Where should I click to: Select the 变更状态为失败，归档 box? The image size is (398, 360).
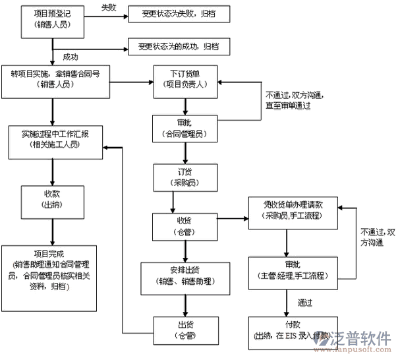point(174,13)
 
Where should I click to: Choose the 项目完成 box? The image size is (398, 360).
point(51,268)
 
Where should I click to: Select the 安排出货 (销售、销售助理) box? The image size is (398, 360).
point(185,277)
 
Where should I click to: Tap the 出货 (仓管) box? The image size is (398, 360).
point(185,330)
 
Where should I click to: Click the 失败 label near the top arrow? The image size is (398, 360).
point(109,7)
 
